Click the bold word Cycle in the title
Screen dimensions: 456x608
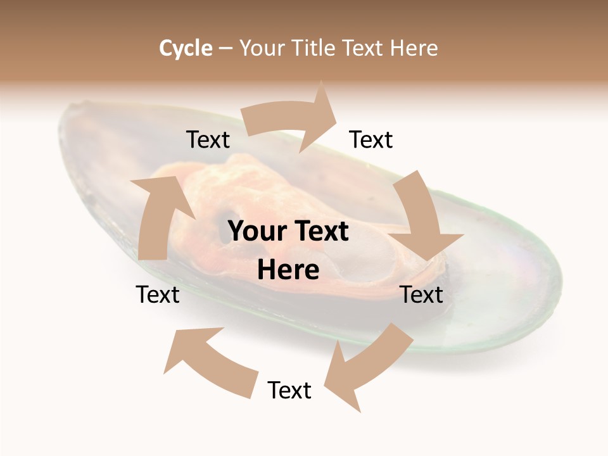coord(186,48)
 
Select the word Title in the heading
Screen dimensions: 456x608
coord(315,48)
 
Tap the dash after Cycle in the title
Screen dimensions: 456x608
coord(225,49)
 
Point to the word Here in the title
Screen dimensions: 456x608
coord(414,48)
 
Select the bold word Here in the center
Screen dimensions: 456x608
coord(288,270)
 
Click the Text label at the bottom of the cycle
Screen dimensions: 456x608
coord(289,390)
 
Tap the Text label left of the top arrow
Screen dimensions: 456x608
coord(208,139)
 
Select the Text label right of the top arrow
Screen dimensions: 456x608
coord(371,139)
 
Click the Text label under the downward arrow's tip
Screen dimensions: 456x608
coord(421,294)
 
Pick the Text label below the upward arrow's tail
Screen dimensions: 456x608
coord(158,294)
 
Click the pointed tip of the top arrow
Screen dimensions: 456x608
coord(338,115)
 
